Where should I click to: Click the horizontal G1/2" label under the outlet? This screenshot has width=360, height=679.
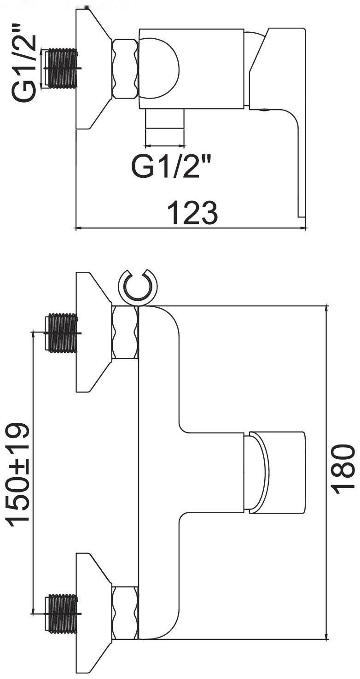pyautogui.click(x=173, y=166)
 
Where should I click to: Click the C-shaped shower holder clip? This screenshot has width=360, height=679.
pyautogui.click(x=138, y=286)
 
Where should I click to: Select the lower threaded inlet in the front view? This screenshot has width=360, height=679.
pyautogui.click(x=63, y=614)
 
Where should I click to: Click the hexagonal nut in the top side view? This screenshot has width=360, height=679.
pyautogui.click(x=125, y=69)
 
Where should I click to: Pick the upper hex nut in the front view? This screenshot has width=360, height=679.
pyautogui.click(x=125, y=333)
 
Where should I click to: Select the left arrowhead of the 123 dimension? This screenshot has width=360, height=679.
pyautogui.click(x=78, y=228)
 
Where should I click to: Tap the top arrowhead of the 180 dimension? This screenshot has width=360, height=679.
pyautogui.click(x=326, y=308)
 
